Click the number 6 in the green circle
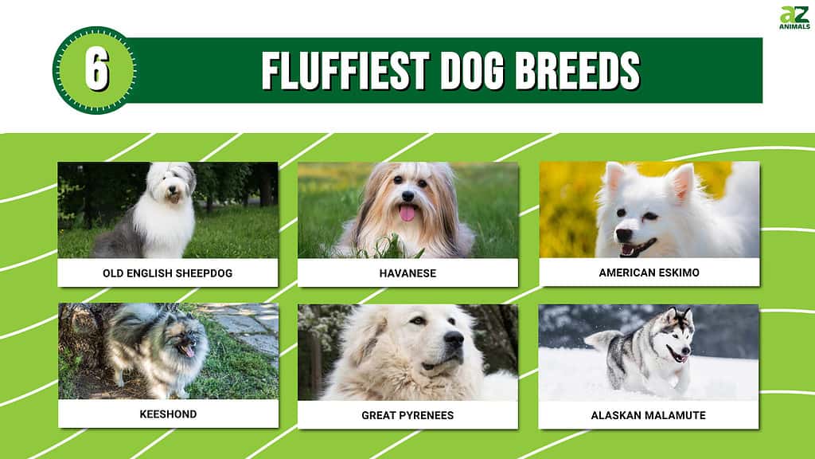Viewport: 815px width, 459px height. click(x=97, y=71)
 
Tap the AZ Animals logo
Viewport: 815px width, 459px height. click(x=795, y=18)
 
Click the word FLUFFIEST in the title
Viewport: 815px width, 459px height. click(x=345, y=71)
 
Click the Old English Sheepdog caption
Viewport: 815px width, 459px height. click(x=167, y=273)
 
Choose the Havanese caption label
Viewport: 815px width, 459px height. click(x=407, y=273)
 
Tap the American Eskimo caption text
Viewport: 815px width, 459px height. click(x=649, y=273)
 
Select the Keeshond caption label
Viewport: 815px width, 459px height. click(x=168, y=414)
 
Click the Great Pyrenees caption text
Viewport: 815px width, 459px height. click(x=407, y=415)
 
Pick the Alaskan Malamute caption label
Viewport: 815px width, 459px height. click(x=648, y=415)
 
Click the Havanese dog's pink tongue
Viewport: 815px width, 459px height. click(x=407, y=212)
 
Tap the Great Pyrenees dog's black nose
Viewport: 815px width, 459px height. click(x=454, y=339)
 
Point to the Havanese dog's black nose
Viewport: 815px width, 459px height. click(x=408, y=196)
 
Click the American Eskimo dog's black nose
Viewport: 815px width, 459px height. click(x=622, y=235)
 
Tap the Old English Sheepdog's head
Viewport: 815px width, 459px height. click(x=172, y=183)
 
